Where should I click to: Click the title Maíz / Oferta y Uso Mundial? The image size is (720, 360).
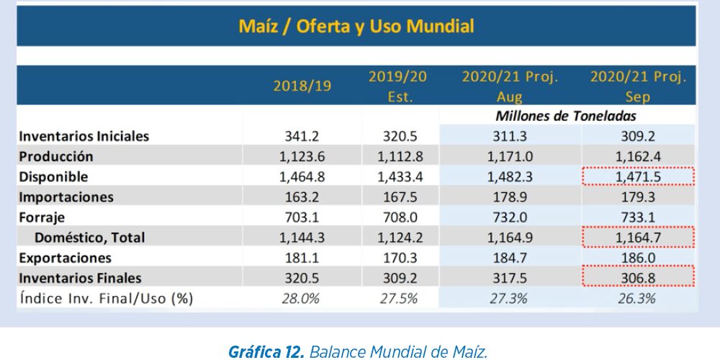click(356, 27)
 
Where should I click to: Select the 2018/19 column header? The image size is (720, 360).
click(302, 86)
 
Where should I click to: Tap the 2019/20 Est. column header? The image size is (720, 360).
click(398, 86)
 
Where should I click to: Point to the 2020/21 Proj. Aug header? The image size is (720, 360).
click(510, 86)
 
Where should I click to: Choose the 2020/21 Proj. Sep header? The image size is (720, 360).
click(638, 86)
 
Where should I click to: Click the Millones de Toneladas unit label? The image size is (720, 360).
click(565, 115)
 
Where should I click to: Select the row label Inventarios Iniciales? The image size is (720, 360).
click(84, 136)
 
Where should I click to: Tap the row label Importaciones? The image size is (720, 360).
click(66, 197)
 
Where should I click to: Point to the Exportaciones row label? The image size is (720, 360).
click(66, 257)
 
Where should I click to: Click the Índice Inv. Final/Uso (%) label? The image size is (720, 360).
click(106, 298)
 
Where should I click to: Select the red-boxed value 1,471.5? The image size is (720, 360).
click(638, 176)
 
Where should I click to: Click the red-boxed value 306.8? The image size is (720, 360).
click(638, 277)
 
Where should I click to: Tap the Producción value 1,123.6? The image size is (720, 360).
click(301, 156)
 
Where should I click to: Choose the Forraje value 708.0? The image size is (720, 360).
click(398, 217)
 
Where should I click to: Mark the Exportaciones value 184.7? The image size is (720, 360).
click(510, 257)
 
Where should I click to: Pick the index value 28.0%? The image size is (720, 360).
click(301, 298)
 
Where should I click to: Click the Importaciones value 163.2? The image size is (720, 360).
click(301, 197)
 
